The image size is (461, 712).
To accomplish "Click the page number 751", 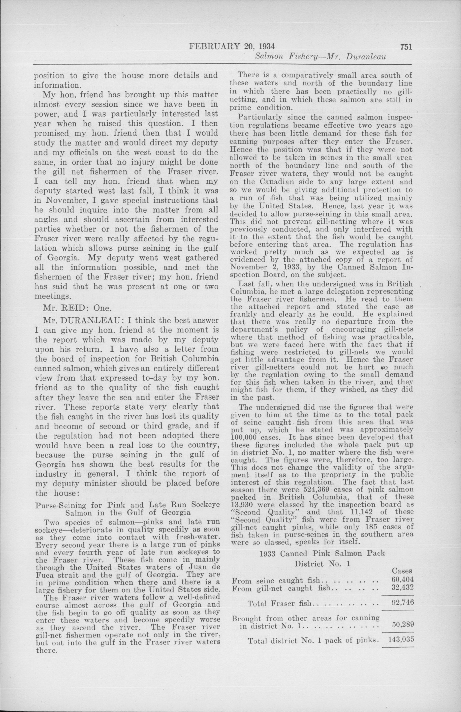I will point(405,47).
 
